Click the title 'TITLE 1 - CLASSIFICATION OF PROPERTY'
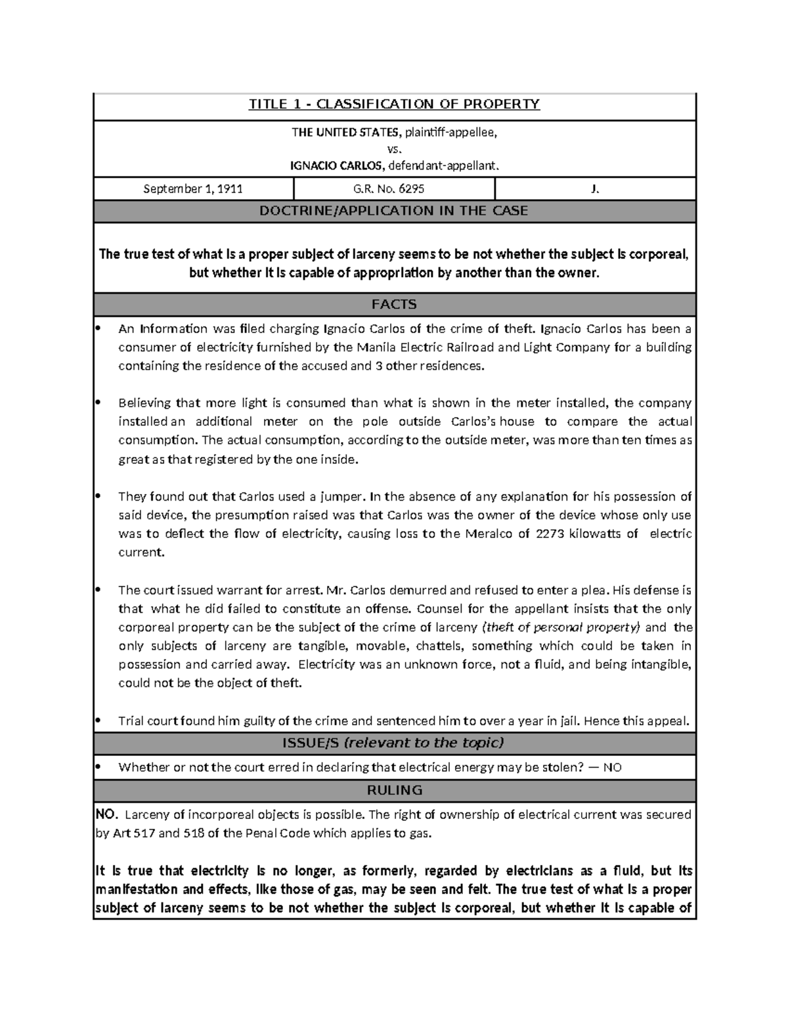pos(394,104)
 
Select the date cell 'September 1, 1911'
pos(193,189)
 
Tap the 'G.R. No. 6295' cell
pos(394,189)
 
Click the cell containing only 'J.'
pos(595,189)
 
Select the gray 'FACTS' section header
pos(394,304)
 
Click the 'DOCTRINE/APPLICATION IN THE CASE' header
pos(394,211)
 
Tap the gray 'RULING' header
pos(394,790)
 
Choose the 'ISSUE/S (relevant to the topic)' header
pos(394,743)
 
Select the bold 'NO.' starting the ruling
pos(106,815)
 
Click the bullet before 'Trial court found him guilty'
pos(99,721)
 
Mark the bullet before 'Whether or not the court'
pos(99,766)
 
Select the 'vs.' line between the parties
pos(395,149)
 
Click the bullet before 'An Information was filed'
pos(99,328)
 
